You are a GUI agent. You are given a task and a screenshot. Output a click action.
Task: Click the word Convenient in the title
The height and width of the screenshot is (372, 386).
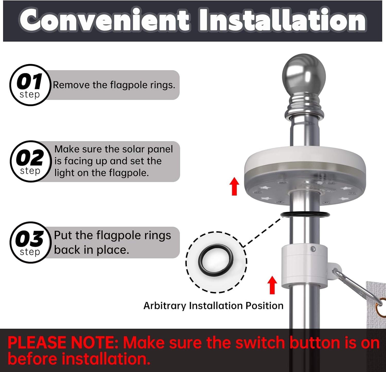click(x=104, y=20)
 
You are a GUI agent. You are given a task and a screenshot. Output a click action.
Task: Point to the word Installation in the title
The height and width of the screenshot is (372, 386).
click(x=282, y=20)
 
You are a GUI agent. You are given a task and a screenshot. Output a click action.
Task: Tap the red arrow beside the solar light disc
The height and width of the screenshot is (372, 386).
click(x=234, y=186)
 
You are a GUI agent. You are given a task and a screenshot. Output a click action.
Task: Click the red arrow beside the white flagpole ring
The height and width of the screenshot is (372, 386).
click(x=272, y=285)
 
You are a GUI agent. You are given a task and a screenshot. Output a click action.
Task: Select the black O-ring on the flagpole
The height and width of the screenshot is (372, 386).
click(x=305, y=214)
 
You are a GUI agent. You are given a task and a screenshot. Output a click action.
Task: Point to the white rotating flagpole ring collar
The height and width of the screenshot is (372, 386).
click(x=304, y=266)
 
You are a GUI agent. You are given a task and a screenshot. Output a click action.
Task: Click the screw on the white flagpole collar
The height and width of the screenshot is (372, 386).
click(x=313, y=249)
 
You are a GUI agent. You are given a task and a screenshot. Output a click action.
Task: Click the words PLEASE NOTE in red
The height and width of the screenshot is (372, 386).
click(x=63, y=343)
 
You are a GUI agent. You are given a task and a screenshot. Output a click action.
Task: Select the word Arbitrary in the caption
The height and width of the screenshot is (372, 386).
click(x=165, y=306)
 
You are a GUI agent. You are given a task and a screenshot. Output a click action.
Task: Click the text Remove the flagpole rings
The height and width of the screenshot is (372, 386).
click(x=114, y=85)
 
